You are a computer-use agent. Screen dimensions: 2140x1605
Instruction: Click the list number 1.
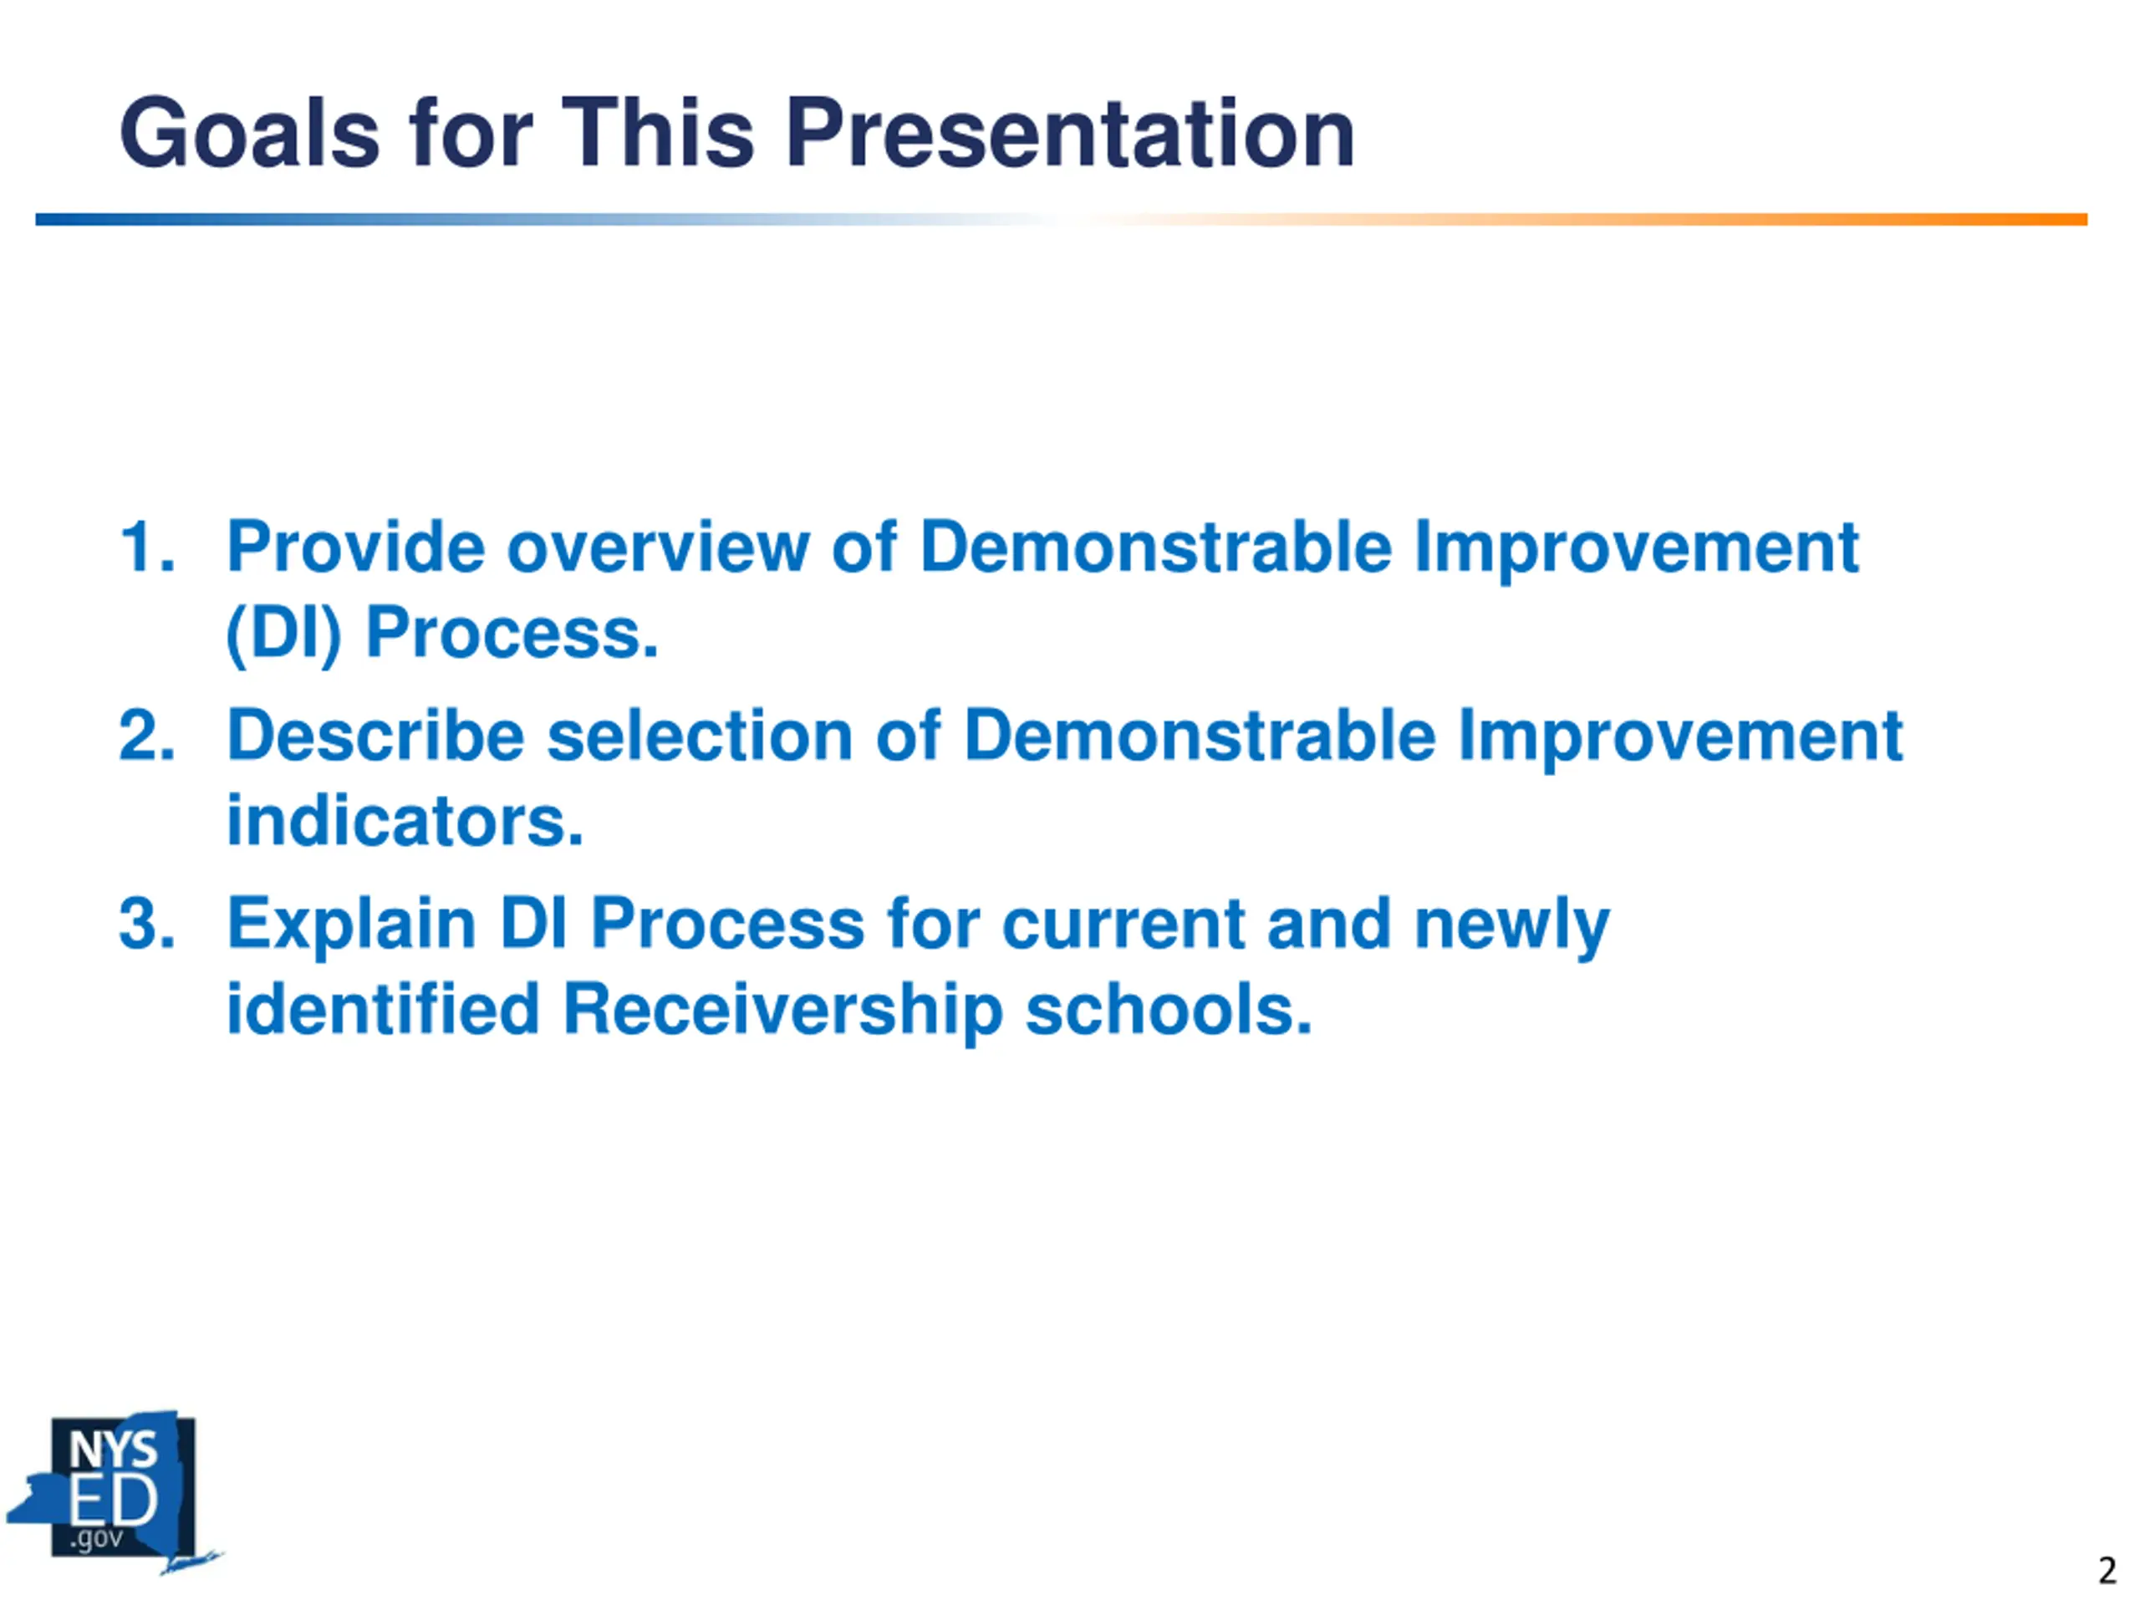(x=147, y=547)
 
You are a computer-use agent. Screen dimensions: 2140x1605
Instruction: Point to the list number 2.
(x=147, y=736)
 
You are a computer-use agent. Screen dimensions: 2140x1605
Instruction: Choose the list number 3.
(x=147, y=923)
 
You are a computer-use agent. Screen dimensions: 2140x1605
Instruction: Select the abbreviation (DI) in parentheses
(x=283, y=634)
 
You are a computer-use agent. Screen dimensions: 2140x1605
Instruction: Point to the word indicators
(x=405, y=820)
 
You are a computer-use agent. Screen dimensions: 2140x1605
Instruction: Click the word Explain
(x=351, y=925)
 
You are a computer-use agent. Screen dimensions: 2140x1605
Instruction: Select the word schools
(x=1169, y=1009)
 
